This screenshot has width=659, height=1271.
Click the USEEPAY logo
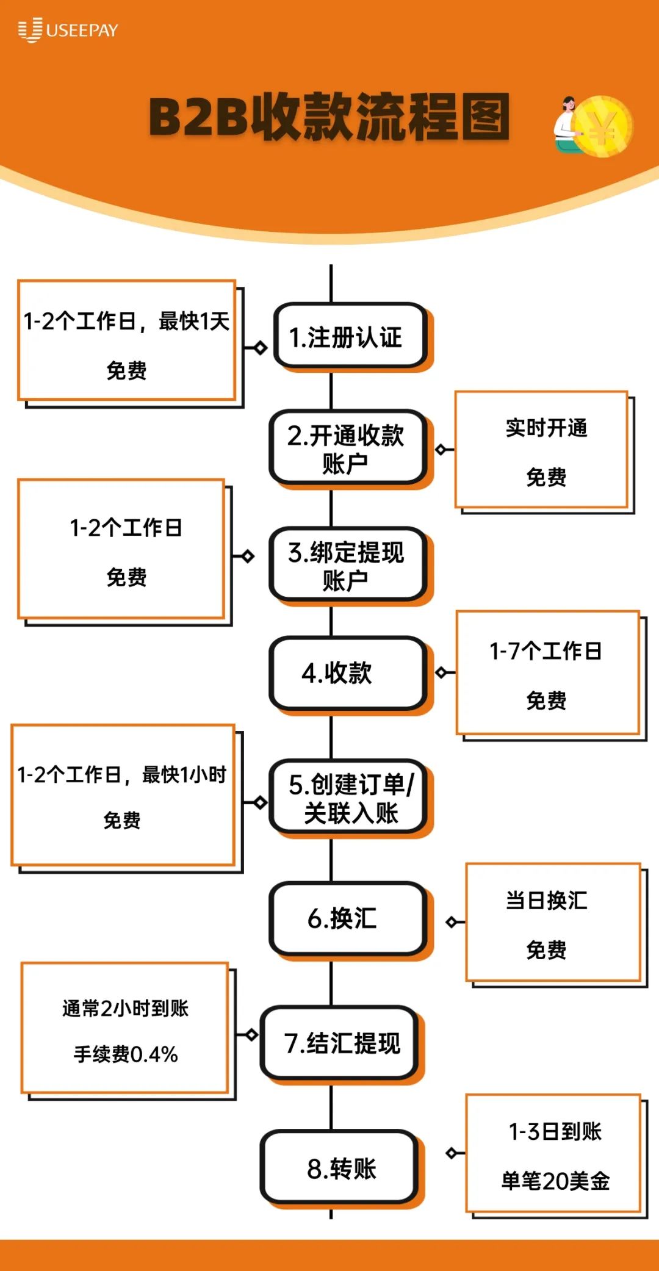[68, 30]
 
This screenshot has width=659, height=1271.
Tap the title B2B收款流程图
[329, 117]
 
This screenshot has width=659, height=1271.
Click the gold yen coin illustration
[603, 127]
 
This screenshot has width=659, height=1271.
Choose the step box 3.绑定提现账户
[347, 566]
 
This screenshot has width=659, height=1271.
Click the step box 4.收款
[347, 673]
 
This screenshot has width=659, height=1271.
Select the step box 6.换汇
[347, 918]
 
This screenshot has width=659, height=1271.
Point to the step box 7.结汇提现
[340, 1043]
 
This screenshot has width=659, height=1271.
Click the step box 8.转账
[340, 1168]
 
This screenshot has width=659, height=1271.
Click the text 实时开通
[546, 428]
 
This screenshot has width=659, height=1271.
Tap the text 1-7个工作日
[546, 651]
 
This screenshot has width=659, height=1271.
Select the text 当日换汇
[546, 901]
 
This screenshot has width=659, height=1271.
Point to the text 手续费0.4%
[126, 1054]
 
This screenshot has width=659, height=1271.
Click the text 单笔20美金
[555, 1181]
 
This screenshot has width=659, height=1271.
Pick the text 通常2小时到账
[126, 1009]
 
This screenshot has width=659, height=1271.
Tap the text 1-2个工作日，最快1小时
[122, 775]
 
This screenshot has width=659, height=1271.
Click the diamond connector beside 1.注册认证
[261, 348]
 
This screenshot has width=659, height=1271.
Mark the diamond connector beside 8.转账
[452, 1153]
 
